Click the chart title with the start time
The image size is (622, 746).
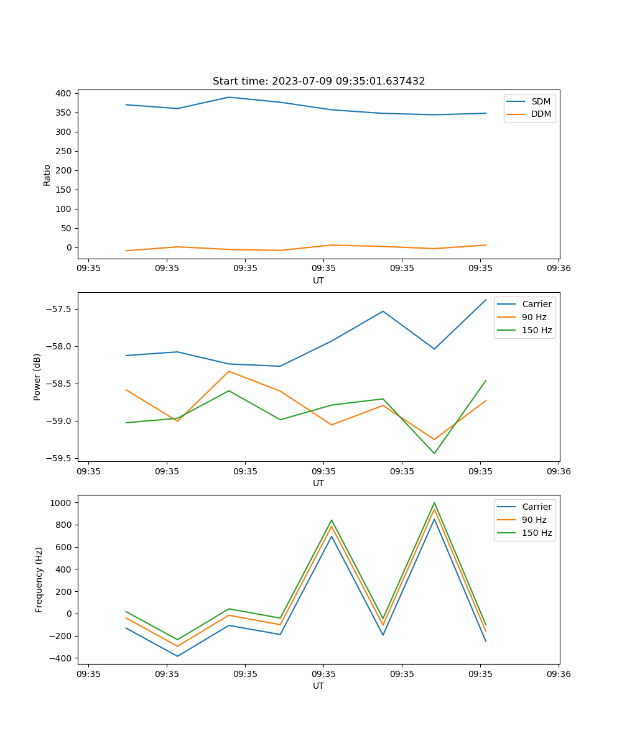point(318,81)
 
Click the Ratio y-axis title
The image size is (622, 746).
point(47,175)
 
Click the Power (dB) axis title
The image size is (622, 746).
point(37,377)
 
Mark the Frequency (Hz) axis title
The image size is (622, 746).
point(39,579)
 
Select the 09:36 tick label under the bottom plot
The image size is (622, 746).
point(558,673)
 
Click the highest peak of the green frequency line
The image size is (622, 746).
point(434,503)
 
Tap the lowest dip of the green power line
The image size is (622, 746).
point(434,453)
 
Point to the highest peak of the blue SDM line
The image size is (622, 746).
point(229,97)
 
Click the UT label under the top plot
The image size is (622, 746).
point(318,280)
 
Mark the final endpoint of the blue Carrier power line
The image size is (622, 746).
point(486,300)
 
